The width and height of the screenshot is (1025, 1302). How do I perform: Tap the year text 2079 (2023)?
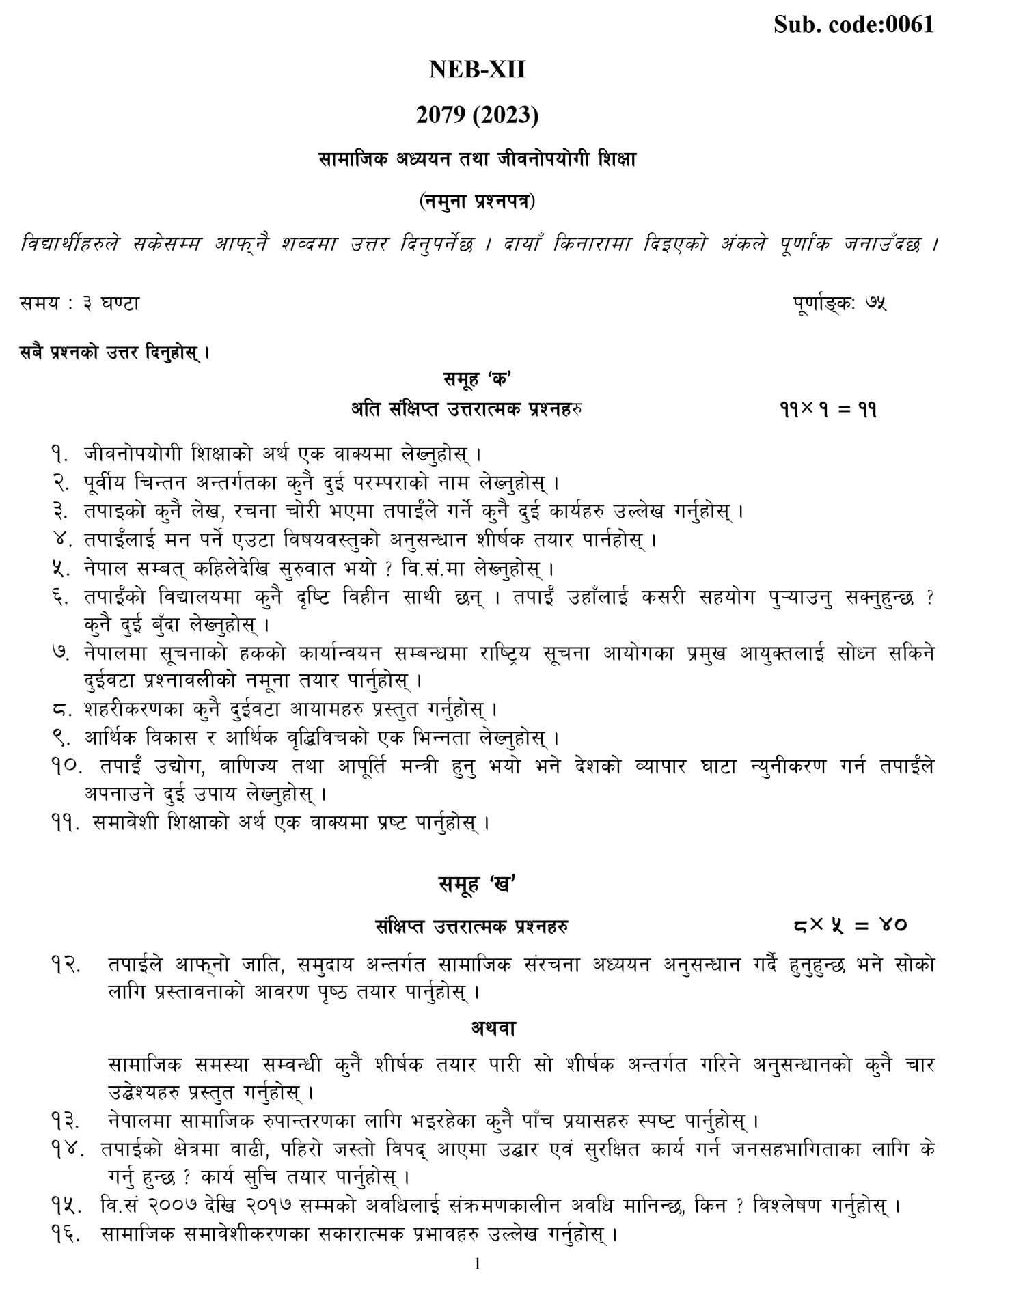(x=477, y=115)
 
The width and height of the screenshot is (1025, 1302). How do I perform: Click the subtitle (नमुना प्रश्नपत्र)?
(x=477, y=202)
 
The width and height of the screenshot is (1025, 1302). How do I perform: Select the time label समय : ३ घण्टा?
(x=79, y=303)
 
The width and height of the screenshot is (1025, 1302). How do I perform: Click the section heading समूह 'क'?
(x=477, y=379)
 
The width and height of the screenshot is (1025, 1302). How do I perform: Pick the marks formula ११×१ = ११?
(x=828, y=410)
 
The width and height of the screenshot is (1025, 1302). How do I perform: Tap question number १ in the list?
(x=59, y=454)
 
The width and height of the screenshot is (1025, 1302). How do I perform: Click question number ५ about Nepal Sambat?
(x=59, y=568)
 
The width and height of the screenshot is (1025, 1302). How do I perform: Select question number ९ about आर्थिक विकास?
(x=59, y=738)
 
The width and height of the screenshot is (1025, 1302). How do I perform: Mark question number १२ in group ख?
(x=66, y=965)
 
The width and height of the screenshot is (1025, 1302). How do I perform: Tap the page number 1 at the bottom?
(x=477, y=1264)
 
